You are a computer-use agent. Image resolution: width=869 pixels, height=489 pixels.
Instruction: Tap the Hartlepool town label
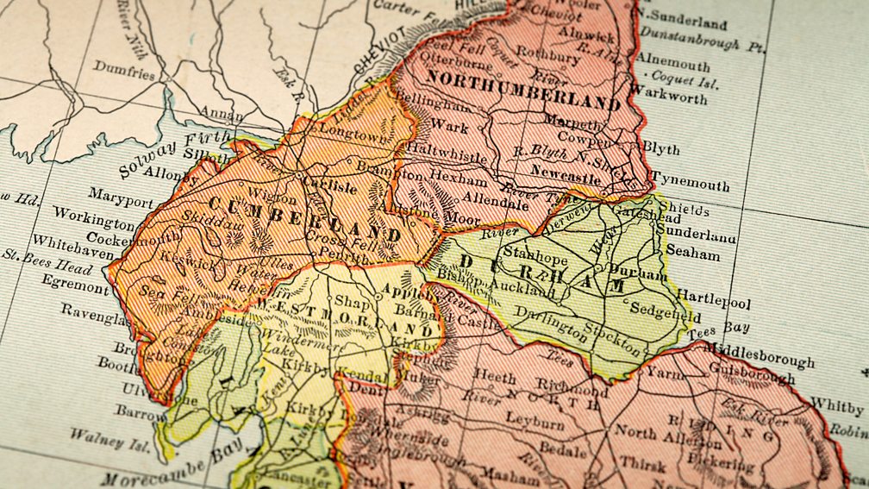click(713, 304)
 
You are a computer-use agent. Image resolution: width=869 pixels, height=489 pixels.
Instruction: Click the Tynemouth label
click(690, 185)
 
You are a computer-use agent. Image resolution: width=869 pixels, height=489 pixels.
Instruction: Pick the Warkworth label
click(669, 94)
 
